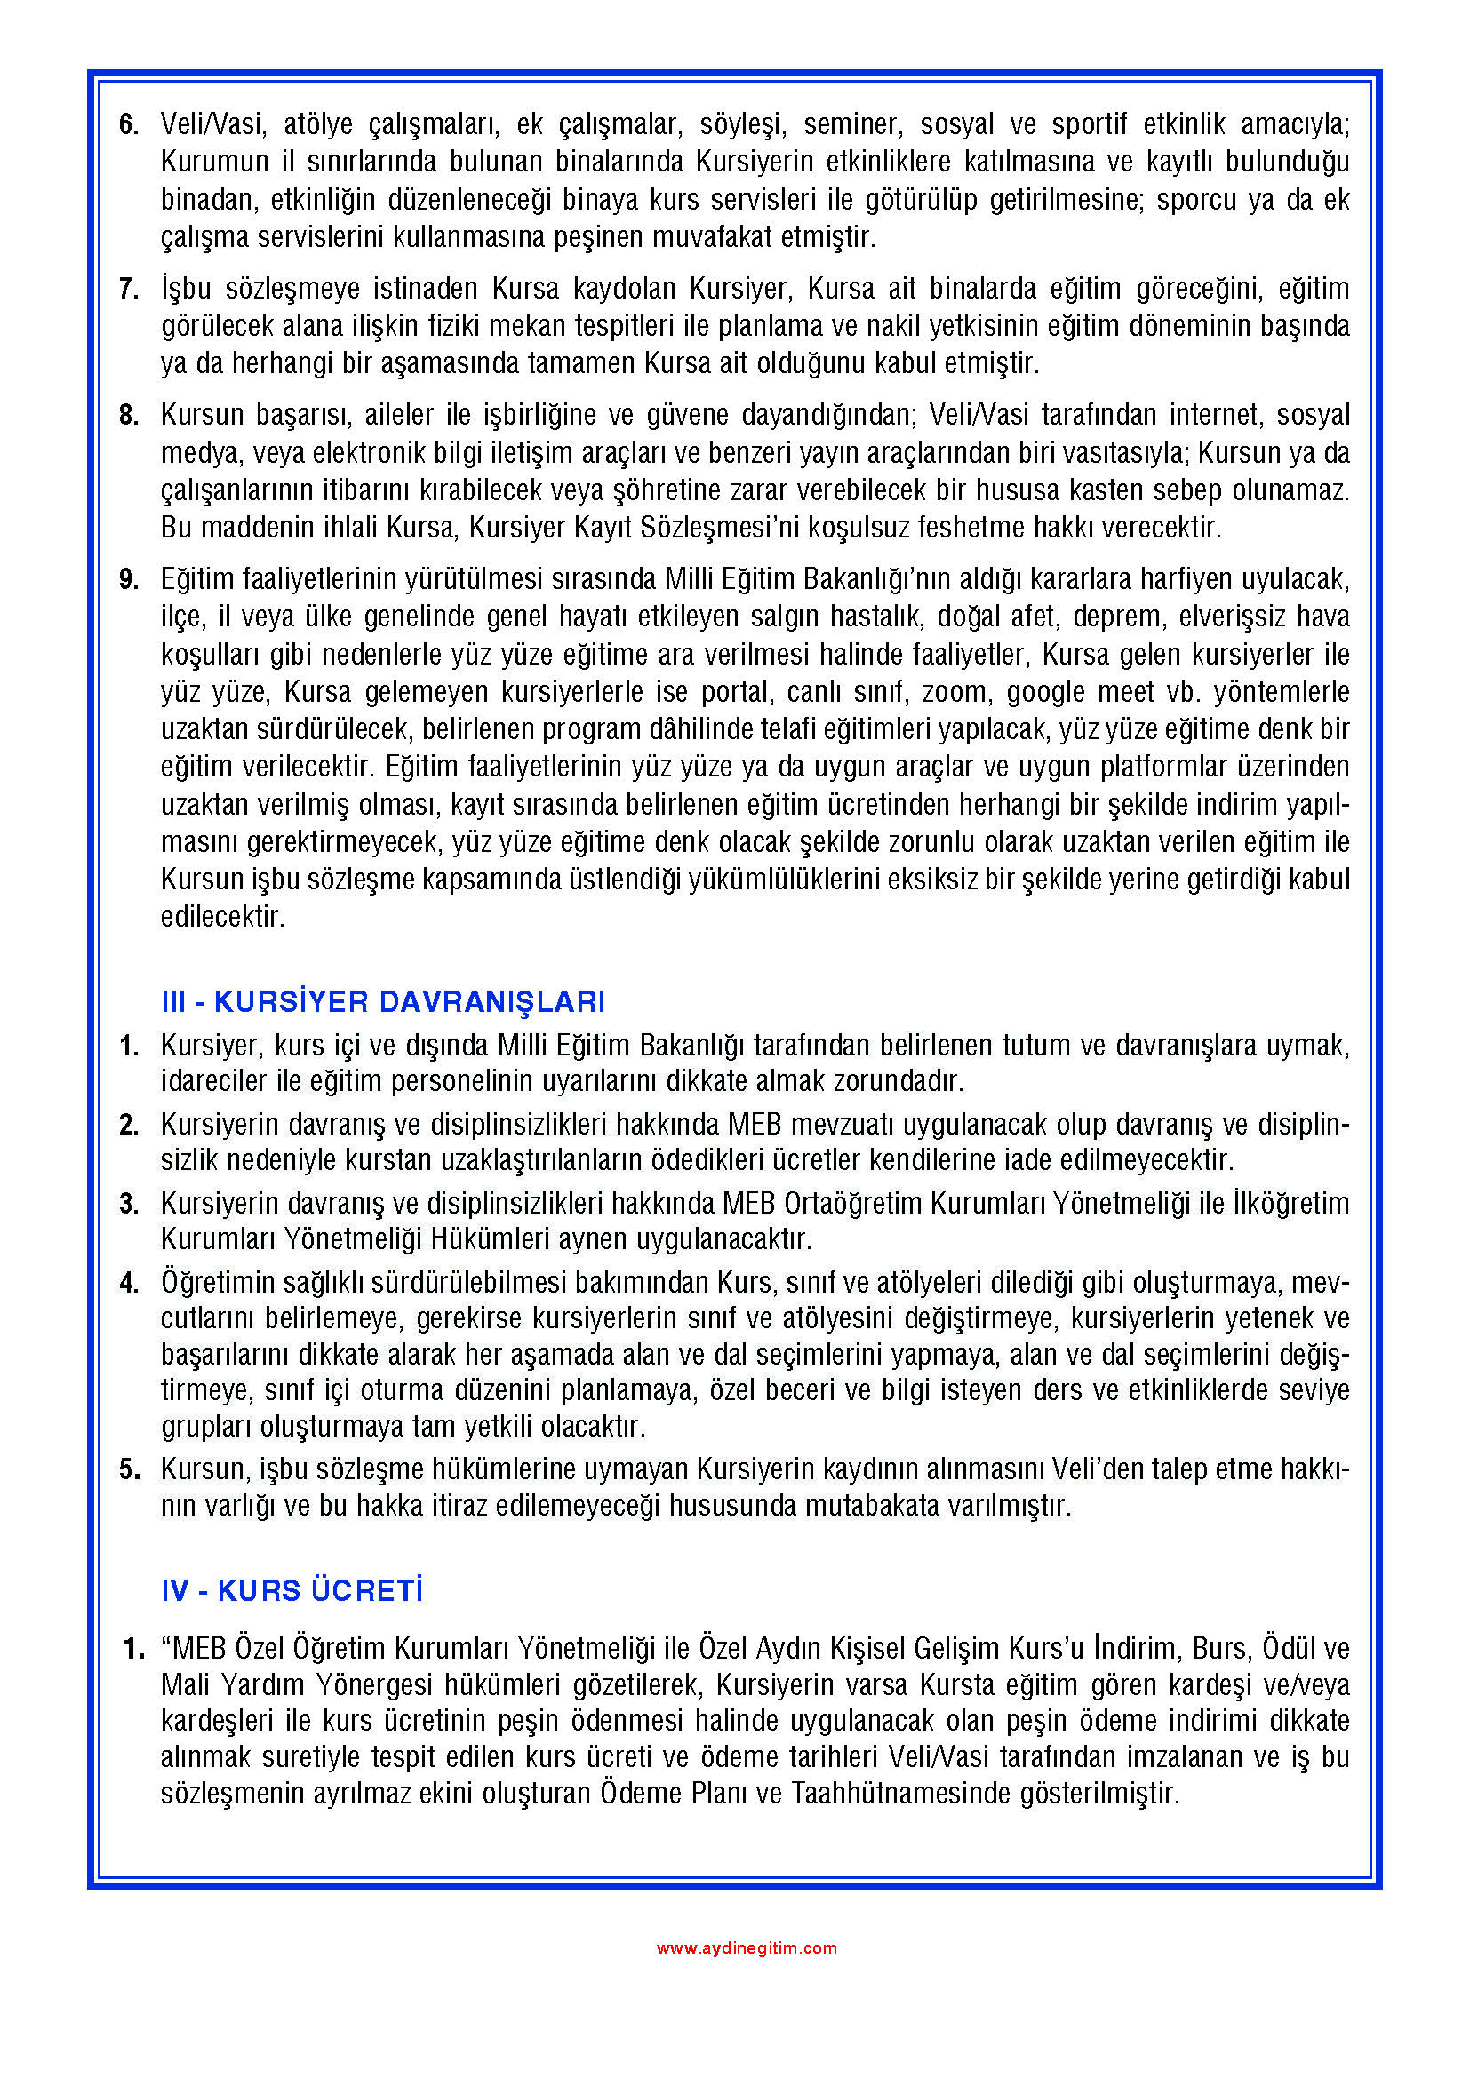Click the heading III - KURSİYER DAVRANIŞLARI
pos(383,1002)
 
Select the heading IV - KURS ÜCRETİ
pos(292,1591)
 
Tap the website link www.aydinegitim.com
pos(747,1947)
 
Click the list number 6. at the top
pos(130,124)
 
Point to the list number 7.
pos(130,289)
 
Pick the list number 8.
pos(130,415)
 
